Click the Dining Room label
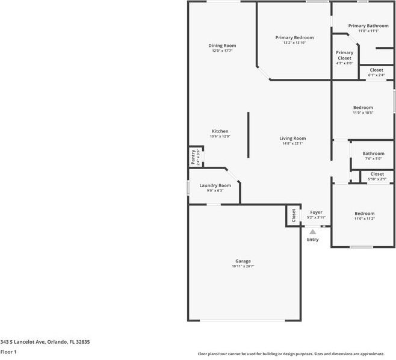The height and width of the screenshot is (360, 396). (x=222, y=46)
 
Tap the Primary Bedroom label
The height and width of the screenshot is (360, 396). (x=294, y=37)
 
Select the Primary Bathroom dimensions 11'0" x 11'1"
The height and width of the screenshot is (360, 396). (x=368, y=31)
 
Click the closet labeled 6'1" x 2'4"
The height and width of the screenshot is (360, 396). (x=376, y=72)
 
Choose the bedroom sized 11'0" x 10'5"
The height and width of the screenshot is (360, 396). (x=362, y=110)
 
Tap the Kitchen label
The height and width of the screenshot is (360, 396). (x=220, y=131)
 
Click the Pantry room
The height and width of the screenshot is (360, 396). (x=194, y=157)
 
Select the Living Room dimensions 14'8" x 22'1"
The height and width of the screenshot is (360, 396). (x=292, y=143)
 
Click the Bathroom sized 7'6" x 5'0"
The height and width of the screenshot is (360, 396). (x=373, y=155)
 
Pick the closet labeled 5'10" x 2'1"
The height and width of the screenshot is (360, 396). (x=377, y=176)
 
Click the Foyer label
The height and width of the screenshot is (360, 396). (x=316, y=213)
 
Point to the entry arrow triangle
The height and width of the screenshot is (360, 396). (x=312, y=232)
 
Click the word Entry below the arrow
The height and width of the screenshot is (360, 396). (x=312, y=240)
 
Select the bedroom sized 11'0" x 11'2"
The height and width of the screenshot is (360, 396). (x=364, y=216)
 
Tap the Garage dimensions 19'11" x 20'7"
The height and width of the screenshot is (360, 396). (x=243, y=266)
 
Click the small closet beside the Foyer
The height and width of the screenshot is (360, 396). (x=293, y=215)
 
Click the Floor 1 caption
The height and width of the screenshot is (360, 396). (x=8, y=352)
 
